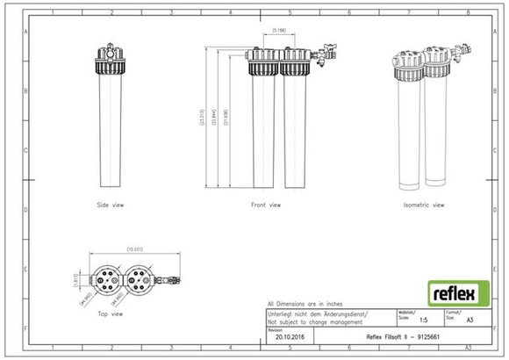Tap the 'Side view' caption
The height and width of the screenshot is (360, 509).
(110, 205)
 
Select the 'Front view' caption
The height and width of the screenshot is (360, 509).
(266, 205)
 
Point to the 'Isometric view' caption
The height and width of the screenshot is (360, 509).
(424, 205)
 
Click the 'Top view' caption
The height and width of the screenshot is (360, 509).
(111, 313)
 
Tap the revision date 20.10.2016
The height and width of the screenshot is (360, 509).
(289, 335)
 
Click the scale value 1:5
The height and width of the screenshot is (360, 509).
(424, 321)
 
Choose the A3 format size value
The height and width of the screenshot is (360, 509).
(469, 321)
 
